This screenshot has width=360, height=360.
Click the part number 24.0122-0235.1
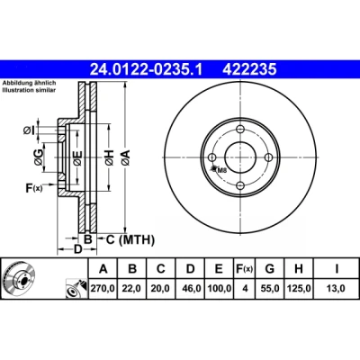[147, 69]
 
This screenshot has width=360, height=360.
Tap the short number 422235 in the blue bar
[249, 69]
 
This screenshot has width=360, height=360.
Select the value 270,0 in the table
[103, 289]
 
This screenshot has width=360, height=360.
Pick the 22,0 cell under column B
[131, 289]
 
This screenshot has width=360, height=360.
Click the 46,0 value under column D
[191, 289]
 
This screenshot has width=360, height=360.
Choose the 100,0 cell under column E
[220, 289]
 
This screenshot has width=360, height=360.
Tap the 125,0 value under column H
[299, 289]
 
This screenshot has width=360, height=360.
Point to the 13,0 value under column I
[336, 289]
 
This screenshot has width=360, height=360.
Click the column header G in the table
[270, 269]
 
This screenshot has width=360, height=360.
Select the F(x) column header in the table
[244, 269]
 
